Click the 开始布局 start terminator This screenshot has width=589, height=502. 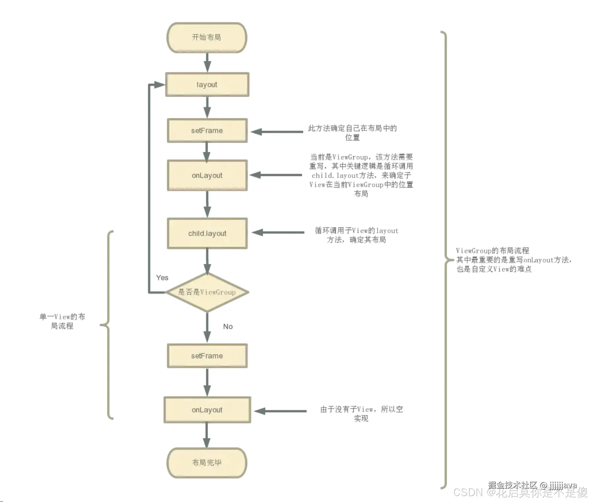pos(207,38)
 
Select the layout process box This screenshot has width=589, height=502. pos(207,85)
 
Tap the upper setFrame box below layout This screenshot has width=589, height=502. pos(207,131)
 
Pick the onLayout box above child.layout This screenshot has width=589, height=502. pos(207,175)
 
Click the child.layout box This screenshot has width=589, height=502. pos(207,233)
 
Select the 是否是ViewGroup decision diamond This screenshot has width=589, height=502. pos(207,292)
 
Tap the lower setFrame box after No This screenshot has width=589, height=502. pos(207,356)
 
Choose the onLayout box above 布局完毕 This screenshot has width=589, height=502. pos(207,410)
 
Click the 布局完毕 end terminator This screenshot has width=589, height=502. pos(207,463)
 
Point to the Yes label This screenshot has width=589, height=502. pos(162,278)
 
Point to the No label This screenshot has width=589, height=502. pos(228,327)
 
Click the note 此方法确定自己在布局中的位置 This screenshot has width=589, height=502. pos(352,133)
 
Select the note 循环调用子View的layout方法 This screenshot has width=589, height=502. pos(356,235)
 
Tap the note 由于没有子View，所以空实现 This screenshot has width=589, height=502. pos(361,414)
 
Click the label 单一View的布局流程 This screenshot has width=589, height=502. pos(62,321)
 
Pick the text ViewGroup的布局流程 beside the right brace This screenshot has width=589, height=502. pos(492,251)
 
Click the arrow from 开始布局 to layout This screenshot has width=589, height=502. pos(207,63)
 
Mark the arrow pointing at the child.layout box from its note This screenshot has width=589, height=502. pos(278,232)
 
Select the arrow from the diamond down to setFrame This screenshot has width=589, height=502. pos(207,327)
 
